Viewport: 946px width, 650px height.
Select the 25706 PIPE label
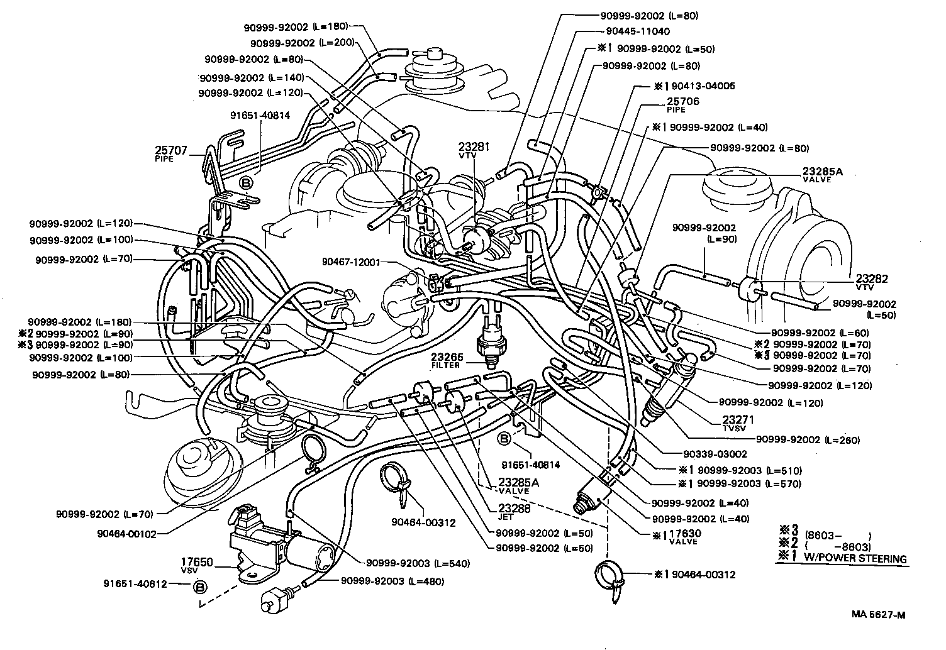click(x=682, y=104)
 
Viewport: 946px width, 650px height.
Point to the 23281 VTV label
click(x=474, y=150)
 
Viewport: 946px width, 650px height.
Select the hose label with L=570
click(x=748, y=484)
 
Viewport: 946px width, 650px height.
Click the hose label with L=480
click(x=392, y=581)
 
